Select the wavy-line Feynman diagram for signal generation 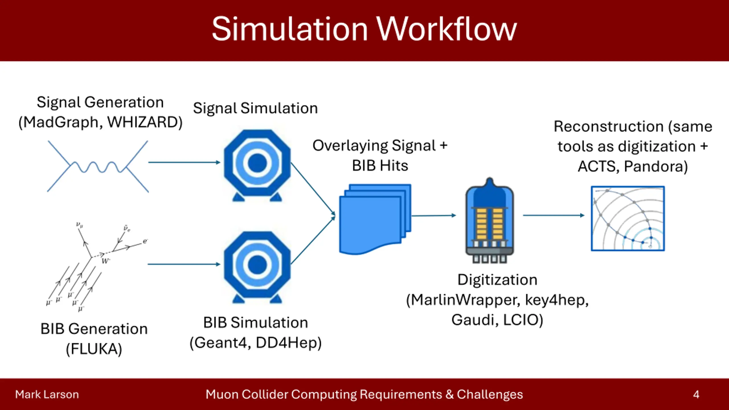pyautogui.click(x=98, y=166)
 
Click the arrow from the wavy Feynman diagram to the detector pyautogui.click(x=184, y=162)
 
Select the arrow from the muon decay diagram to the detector pyautogui.click(x=184, y=264)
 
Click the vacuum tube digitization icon pyautogui.click(x=490, y=221)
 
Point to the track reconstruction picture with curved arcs pyautogui.click(x=628, y=219)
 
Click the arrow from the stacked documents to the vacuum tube pyautogui.click(x=433, y=216)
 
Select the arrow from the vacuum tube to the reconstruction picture pyautogui.click(x=553, y=215)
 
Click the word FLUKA pyautogui.click(x=94, y=349)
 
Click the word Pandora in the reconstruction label pyautogui.click(x=655, y=167)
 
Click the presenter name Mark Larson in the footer pyautogui.click(x=47, y=395)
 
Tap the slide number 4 pyautogui.click(x=696, y=395)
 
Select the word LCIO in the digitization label pyautogui.click(x=523, y=320)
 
